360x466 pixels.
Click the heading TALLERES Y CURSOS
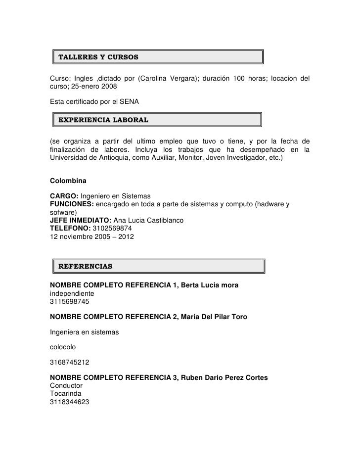point(98,57)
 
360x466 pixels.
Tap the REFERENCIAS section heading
point(86,267)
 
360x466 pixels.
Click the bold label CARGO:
point(64,196)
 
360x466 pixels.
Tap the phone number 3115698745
point(70,301)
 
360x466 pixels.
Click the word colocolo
point(65,347)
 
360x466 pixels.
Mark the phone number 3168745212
point(70,363)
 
